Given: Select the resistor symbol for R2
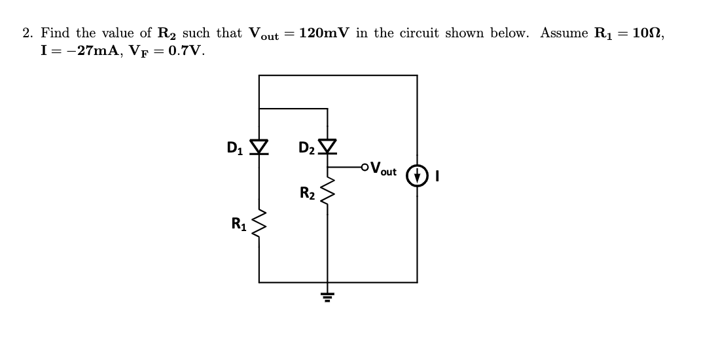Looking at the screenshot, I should click(327, 189).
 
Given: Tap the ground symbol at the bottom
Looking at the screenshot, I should click(327, 297).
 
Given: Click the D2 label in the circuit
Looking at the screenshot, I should click(305, 149).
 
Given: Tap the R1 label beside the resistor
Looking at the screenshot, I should click(238, 223).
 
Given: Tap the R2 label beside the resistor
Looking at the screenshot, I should click(307, 193).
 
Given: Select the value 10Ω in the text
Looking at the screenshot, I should click(650, 33).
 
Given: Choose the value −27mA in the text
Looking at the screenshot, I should click(88, 50).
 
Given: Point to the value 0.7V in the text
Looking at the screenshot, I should click(185, 50).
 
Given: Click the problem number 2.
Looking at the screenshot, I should click(27, 33).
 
